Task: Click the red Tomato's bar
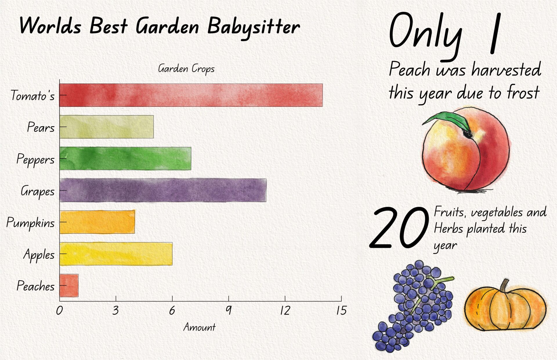(x=191, y=95)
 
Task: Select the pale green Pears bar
(x=106, y=127)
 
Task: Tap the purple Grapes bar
(x=163, y=190)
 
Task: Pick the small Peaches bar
(x=69, y=285)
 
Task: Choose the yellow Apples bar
(x=116, y=254)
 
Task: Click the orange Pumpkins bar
(x=97, y=222)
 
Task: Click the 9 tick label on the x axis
(x=229, y=310)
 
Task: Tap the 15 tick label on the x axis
(x=341, y=310)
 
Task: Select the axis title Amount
(x=199, y=327)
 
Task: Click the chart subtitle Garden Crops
(x=186, y=69)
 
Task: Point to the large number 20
(x=399, y=228)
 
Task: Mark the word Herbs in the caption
(x=449, y=229)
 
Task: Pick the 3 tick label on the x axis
(x=116, y=310)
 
